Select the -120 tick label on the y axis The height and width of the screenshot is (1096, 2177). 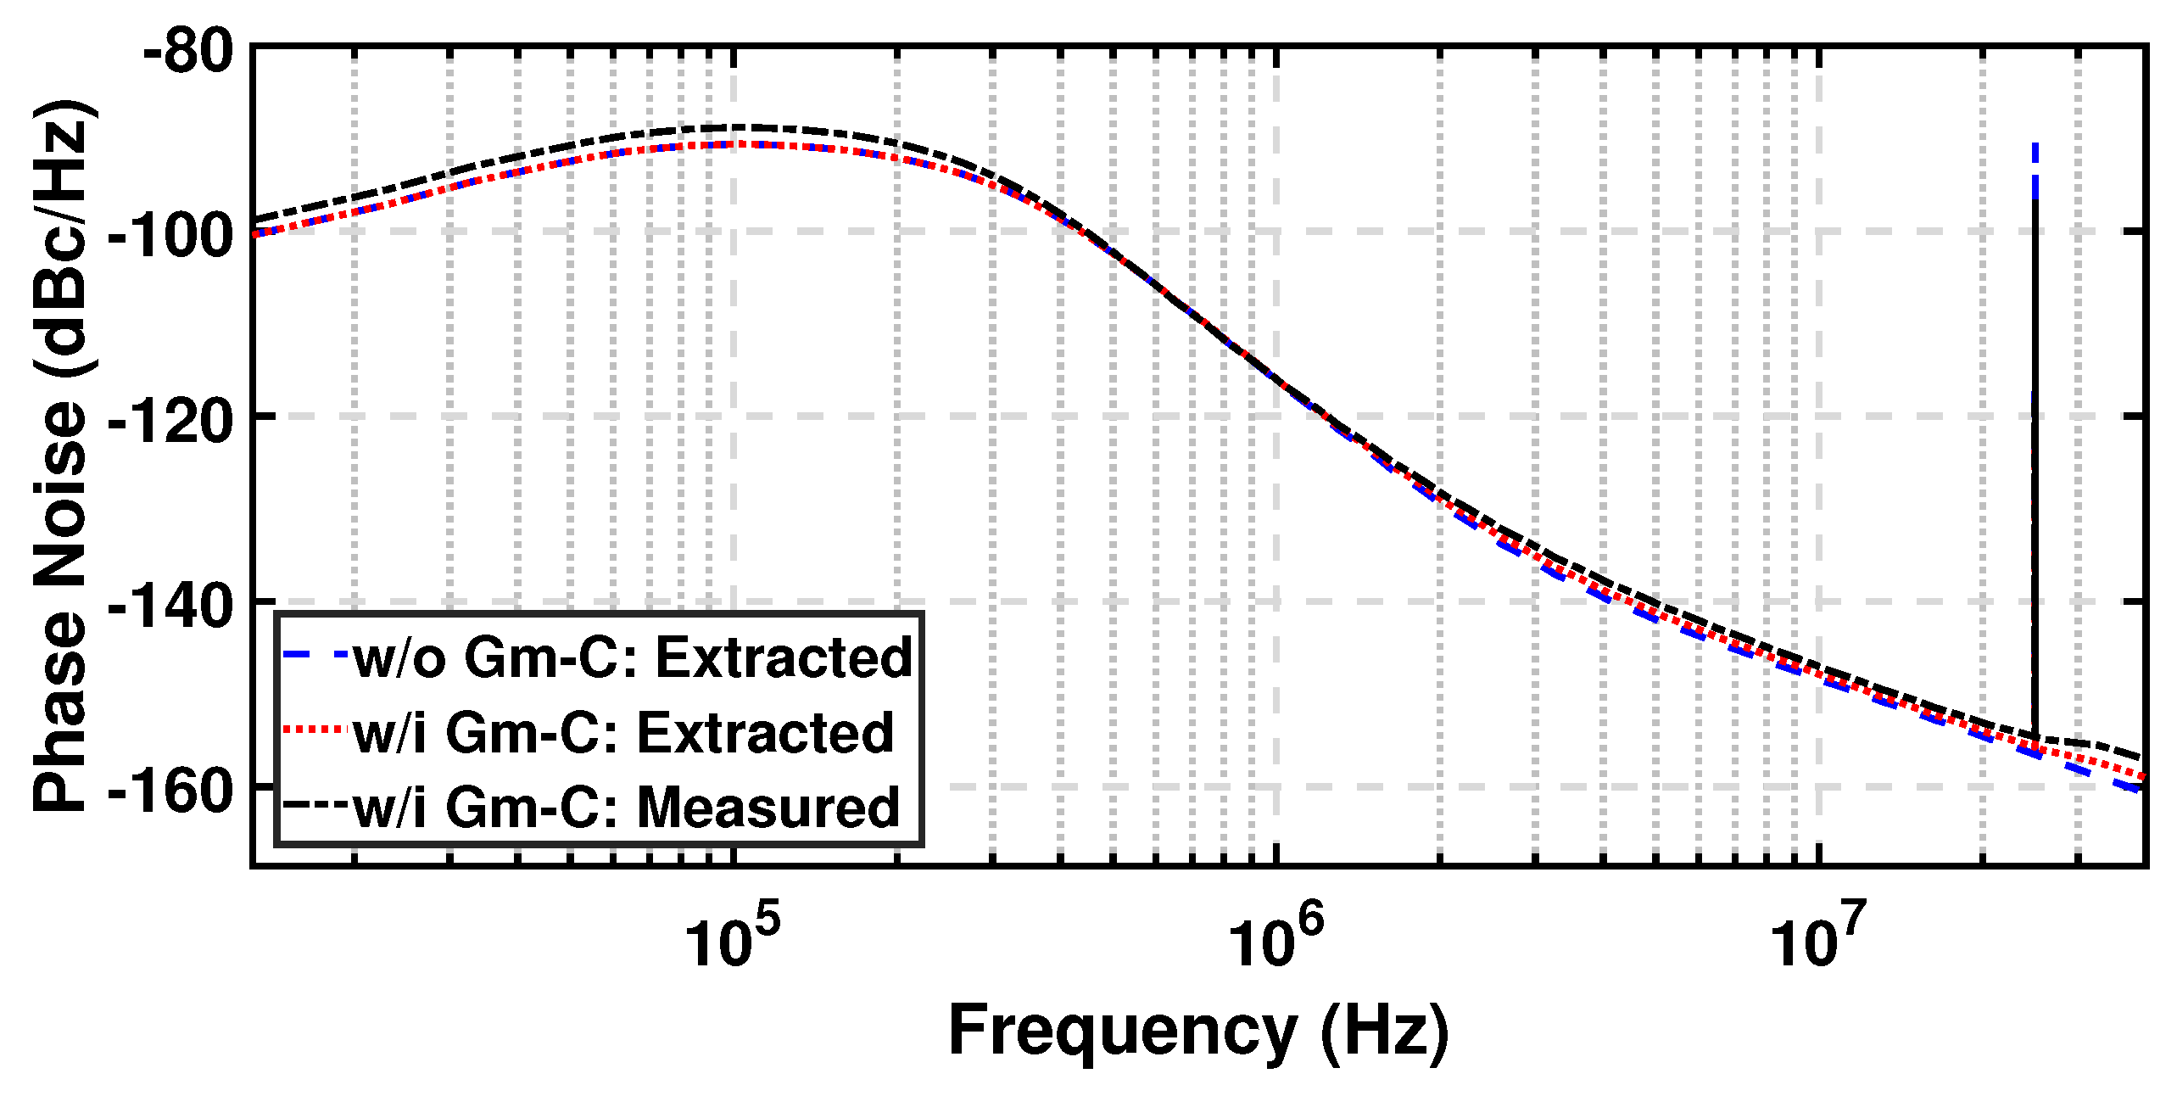(x=171, y=421)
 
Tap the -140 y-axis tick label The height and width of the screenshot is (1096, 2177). (x=171, y=606)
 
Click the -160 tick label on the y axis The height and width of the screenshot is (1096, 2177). (x=171, y=791)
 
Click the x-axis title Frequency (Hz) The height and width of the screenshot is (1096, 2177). (x=1198, y=1032)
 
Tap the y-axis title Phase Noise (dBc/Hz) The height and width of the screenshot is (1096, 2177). (x=61, y=456)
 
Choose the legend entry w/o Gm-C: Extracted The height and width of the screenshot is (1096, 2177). (x=633, y=657)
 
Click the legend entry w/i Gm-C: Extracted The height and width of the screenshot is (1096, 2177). (x=623, y=732)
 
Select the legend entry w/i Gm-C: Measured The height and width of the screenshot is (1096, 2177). (x=626, y=807)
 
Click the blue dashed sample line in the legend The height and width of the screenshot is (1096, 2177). (x=315, y=654)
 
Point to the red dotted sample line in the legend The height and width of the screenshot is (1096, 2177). (x=315, y=729)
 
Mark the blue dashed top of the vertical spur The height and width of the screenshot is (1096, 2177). (x=2035, y=170)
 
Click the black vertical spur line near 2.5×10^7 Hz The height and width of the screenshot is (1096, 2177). (x=2034, y=467)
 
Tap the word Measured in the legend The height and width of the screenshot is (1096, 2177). (x=768, y=807)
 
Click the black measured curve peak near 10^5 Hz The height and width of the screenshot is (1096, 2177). (x=729, y=127)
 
